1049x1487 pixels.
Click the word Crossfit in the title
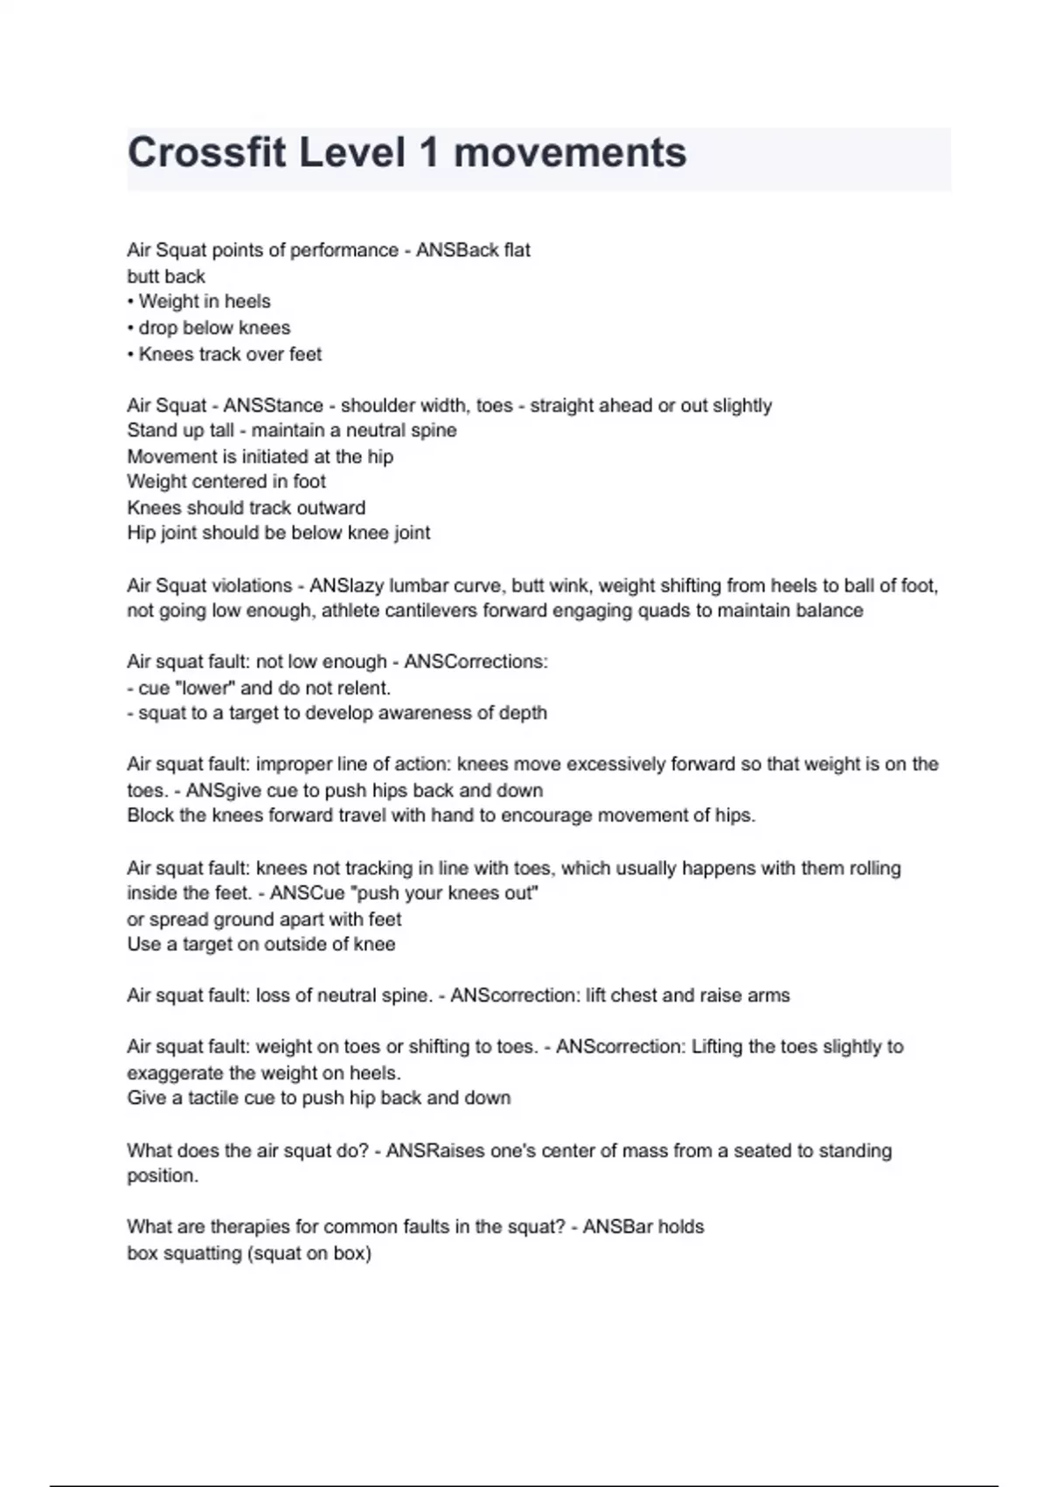click(205, 153)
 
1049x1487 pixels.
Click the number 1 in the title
click(428, 153)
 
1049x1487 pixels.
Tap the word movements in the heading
click(570, 153)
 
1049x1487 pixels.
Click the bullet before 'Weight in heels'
click(131, 302)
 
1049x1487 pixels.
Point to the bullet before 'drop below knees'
click(131, 328)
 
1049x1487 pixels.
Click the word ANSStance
click(273, 406)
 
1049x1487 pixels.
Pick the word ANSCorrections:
click(476, 662)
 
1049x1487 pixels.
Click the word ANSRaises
click(434, 1150)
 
